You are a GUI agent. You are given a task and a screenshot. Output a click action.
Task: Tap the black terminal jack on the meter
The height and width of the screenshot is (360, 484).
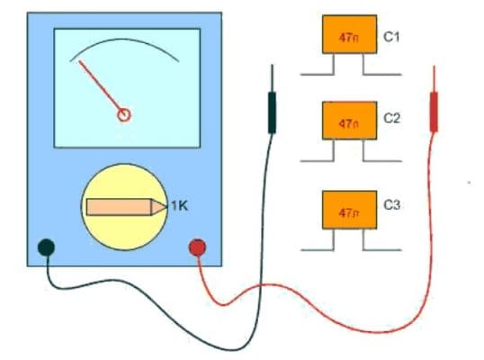[x=46, y=247]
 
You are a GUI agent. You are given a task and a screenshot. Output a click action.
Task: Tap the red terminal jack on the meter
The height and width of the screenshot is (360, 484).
[x=197, y=247]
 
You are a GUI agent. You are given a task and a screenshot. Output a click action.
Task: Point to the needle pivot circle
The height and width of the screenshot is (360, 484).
[x=125, y=114]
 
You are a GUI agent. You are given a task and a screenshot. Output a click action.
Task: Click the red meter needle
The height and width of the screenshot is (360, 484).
[x=101, y=87]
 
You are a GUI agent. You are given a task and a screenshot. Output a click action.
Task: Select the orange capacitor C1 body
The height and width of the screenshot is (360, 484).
[x=349, y=35]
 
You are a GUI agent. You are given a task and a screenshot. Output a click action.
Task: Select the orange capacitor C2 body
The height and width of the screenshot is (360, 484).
[x=349, y=121]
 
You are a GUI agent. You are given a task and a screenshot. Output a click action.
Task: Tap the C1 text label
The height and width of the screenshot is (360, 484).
[x=391, y=38]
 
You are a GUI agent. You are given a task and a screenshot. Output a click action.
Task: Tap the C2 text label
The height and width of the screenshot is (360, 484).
[x=391, y=118]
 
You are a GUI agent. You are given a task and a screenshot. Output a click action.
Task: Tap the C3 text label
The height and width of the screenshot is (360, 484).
[x=391, y=205]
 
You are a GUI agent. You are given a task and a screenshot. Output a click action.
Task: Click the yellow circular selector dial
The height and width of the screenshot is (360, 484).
[x=125, y=207]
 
